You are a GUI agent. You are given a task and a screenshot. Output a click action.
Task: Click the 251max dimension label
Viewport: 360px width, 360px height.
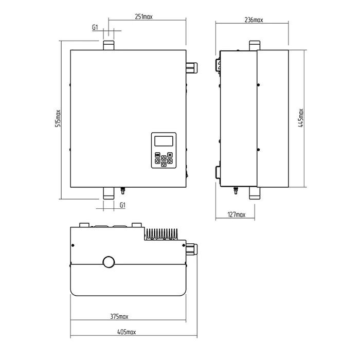coord(143,17)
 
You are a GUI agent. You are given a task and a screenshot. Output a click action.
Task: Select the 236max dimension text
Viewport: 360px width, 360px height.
coord(254,20)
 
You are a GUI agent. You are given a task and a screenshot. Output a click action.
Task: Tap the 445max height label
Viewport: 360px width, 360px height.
coord(300,118)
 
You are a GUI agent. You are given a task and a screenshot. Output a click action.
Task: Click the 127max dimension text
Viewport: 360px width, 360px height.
coord(236,214)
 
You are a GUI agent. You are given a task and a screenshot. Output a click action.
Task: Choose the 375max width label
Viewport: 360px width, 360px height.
coord(119,316)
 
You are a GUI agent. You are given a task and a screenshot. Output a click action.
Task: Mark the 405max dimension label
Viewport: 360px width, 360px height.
coord(127,332)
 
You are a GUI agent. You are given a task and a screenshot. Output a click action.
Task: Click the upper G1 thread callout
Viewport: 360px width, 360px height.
coord(95,27)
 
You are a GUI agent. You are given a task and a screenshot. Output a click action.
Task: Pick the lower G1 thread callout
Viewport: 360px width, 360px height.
coord(122,205)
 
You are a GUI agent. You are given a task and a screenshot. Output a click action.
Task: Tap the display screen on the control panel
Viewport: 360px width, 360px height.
coord(164,141)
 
